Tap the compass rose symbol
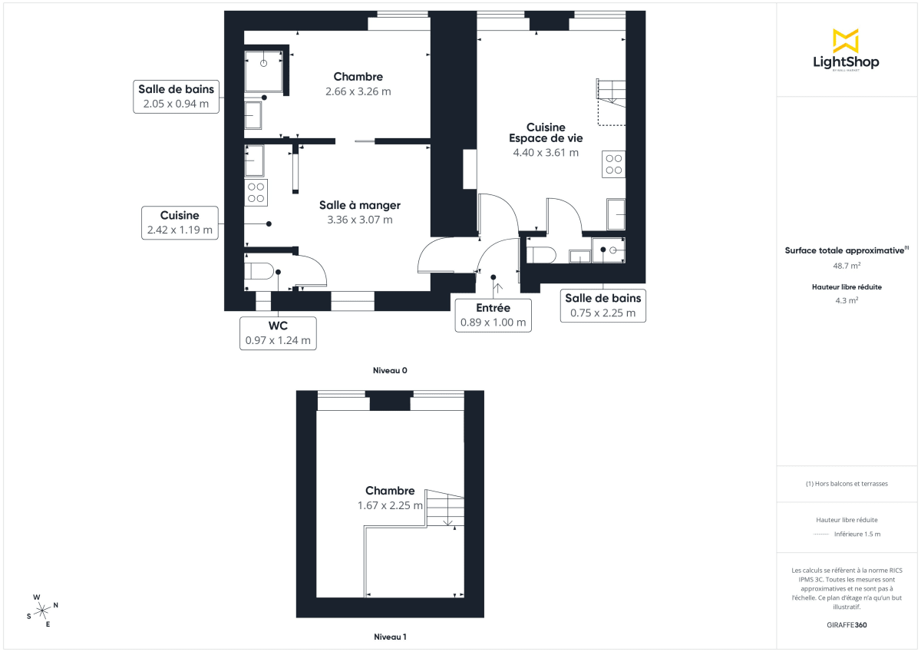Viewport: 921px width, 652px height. click(x=43, y=610)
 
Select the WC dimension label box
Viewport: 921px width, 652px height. click(x=278, y=333)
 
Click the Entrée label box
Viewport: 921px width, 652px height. click(x=493, y=315)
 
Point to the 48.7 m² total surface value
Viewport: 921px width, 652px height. click(x=847, y=266)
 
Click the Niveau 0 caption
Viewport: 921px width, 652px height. click(x=390, y=370)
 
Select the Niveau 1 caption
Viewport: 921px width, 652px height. click(x=390, y=637)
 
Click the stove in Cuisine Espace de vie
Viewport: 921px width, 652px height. click(x=614, y=164)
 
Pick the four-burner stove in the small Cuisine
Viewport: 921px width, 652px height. click(x=256, y=193)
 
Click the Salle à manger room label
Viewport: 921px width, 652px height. click(x=360, y=212)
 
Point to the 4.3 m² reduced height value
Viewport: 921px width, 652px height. click(x=847, y=300)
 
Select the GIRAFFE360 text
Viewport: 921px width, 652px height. click(x=847, y=625)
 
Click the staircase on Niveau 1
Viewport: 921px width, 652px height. click(x=445, y=508)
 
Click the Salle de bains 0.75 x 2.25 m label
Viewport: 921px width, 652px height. click(x=602, y=305)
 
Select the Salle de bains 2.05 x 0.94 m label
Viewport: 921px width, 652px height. click(x=176, y=96)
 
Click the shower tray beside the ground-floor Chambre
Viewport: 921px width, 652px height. click(x=263, y=71)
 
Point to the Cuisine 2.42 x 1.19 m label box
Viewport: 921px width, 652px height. click(x=180, y=222)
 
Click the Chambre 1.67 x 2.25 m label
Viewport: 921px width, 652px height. click(x=390, y=498)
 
